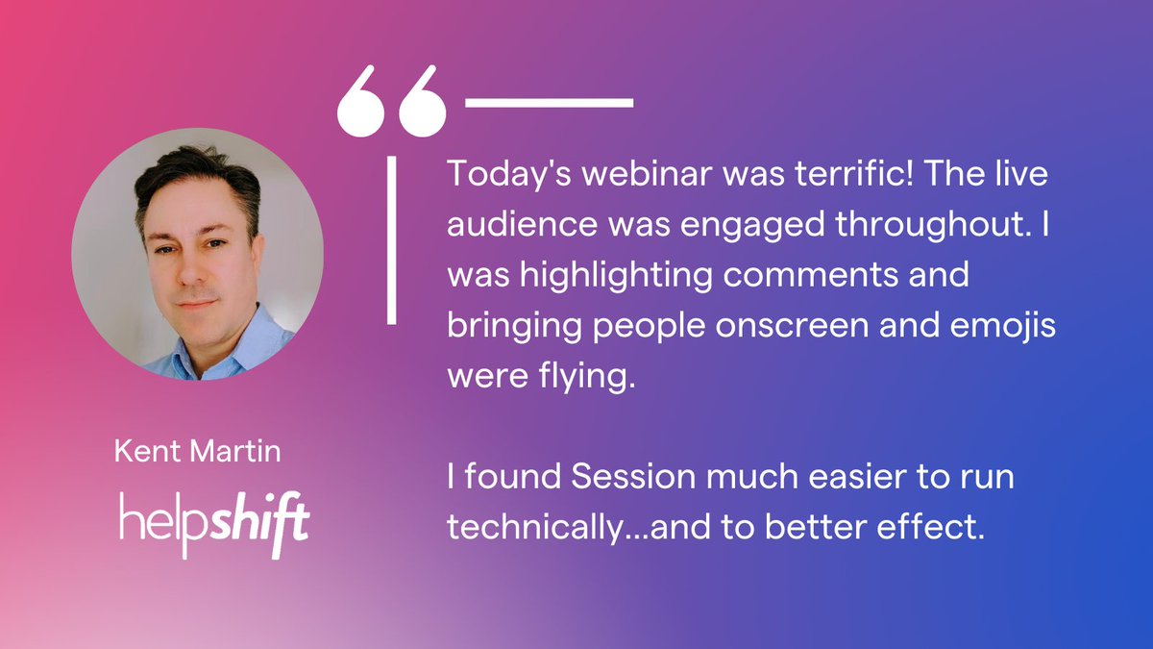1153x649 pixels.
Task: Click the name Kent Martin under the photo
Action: coord(198,452)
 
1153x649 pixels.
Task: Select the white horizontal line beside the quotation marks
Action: coord(549,101)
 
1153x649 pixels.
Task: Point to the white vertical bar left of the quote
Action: coord(392,240)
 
